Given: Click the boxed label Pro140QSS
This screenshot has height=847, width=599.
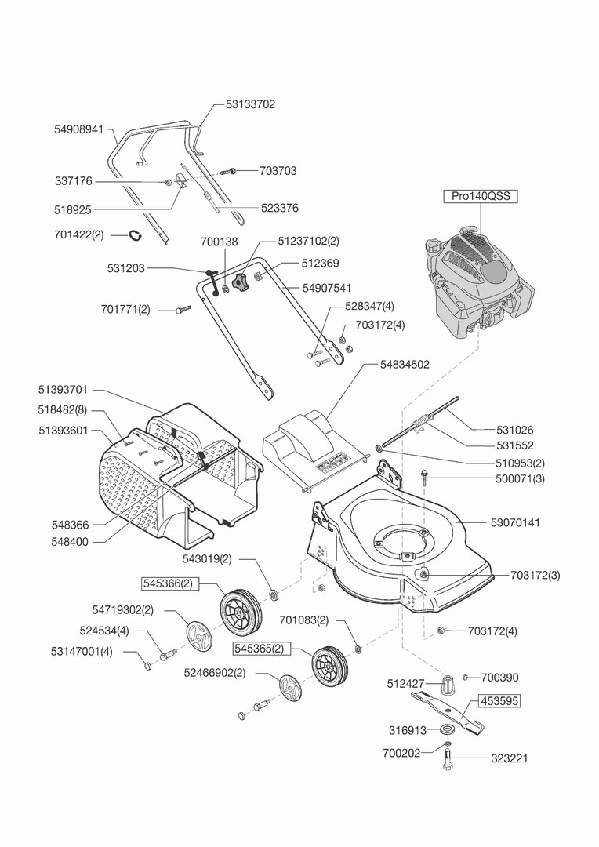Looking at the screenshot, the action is (480, 196).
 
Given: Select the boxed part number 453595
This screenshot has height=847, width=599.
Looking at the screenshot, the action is (499, 701).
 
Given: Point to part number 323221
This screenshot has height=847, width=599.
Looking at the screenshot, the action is (510, 758).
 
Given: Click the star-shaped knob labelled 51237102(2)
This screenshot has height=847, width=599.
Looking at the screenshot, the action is (239, 282).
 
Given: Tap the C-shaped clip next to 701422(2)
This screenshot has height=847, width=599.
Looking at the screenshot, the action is (135, 235).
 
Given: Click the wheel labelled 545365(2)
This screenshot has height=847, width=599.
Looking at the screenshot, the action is (329, 667).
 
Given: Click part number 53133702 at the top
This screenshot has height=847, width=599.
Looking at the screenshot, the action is (250, 104).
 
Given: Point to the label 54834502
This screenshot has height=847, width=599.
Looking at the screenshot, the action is (405, 365).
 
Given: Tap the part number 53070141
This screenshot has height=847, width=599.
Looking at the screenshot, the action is (515, 522).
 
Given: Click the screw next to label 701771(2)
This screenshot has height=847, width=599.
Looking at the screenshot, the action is (183, 310).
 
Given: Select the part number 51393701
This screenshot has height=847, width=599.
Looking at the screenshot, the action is (63, 390).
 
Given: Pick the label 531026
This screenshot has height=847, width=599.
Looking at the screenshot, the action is (515, 430).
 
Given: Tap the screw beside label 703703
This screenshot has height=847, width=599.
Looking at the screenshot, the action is (230, 171).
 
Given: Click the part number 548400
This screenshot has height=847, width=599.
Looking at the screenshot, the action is (70, 542).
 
